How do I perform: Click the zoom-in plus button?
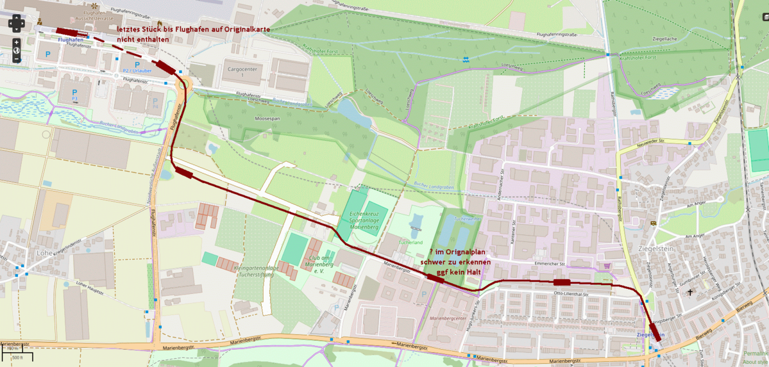(x=17, y=42)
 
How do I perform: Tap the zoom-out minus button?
(x=17, y=60)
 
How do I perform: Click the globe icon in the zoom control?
(x=17, y=51)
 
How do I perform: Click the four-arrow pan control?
(x=17, y=24)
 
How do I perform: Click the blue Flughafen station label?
(x=71, y=40)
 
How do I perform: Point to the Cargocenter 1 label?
(x=242, y=72)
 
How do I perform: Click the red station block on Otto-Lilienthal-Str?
(x=562, y=282)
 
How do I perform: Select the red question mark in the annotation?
(x=431, y=252)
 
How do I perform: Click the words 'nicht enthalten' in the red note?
(x=143, y=40)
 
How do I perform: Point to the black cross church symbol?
(x=690, y=293)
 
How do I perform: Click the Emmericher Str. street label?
(x=548, y=264)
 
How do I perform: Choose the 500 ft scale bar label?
(x=17, y=357)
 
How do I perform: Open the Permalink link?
(x=756, y=354)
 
